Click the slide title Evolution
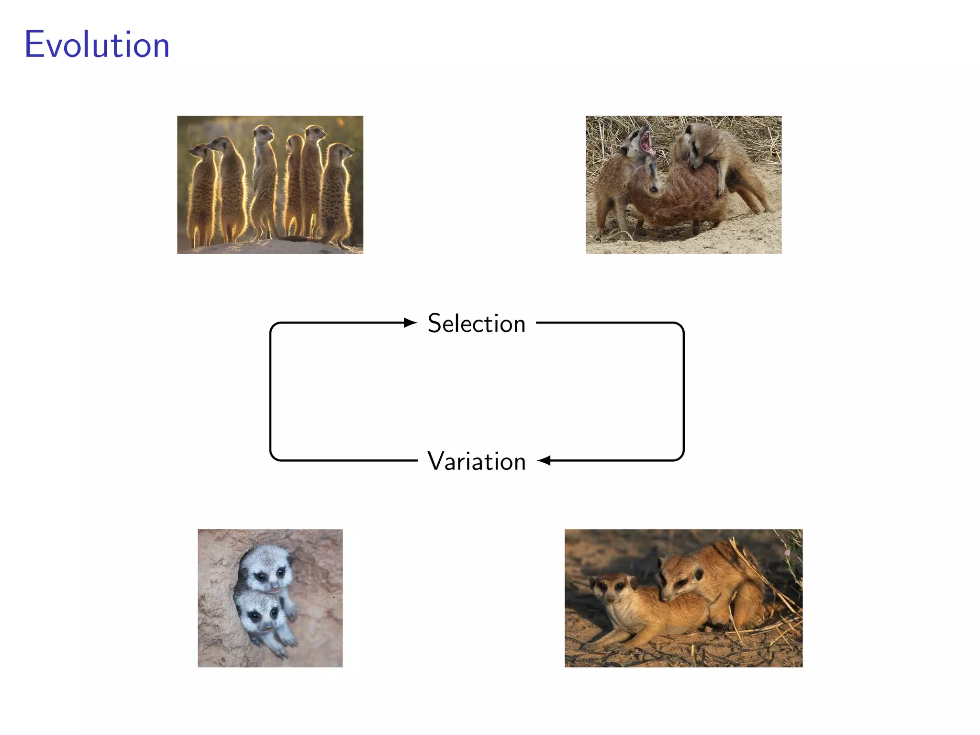click(97, 45)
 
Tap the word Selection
click(477, 323)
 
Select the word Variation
click(477, 461)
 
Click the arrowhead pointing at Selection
click(411, 323)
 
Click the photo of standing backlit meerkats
click(270, 185)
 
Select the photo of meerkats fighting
click(683, 185)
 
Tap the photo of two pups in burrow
click(270, 598)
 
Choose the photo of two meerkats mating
click(683, 598)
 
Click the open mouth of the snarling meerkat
click(646, 141)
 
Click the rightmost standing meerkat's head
click(342, 152)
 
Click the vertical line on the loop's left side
click(270, 392)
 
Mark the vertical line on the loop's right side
click(684, 392)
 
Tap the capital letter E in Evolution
click(34, 45)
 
